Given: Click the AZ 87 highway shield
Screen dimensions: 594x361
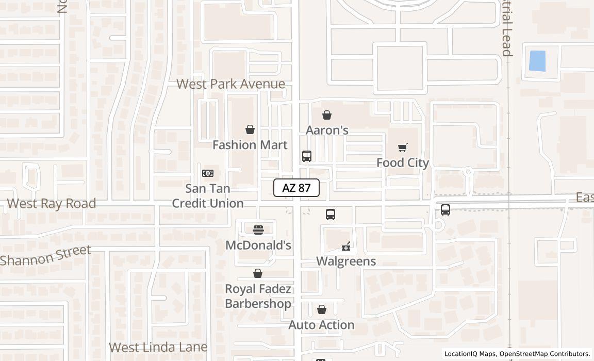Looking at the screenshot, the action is (296, 188).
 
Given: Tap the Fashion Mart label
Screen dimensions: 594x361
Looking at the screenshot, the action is (250, 145).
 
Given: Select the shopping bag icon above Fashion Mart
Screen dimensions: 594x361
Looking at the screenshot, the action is (250, 129).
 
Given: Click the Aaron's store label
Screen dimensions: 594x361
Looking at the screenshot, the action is (327, 130).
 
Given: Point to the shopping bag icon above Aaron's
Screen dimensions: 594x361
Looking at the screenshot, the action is (327, 115).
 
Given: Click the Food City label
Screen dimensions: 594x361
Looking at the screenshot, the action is (403, 163).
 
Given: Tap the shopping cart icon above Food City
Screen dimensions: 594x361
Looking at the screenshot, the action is (403, 148).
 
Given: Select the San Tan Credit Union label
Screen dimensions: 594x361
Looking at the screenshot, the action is (208, 196).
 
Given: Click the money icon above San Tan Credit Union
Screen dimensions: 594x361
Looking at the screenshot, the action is (208, 173).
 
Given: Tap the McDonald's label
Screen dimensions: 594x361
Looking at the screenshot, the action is (258, 245).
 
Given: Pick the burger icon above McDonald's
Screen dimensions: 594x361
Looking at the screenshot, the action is (258, 230).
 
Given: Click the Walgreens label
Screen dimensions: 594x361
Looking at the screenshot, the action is (346, 261).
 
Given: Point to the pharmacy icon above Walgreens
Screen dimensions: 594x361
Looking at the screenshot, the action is (346, 247).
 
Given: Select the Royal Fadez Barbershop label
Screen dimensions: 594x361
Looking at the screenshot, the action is (258, 296).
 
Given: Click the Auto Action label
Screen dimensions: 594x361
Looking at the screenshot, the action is (321, 325).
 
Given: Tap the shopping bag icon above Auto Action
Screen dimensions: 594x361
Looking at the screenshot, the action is (322, 309).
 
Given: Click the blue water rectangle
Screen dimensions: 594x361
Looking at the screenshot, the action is (537, 61).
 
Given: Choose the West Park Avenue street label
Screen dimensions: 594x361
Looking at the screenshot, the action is (230, 84).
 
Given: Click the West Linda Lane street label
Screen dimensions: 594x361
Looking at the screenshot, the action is (158, 347).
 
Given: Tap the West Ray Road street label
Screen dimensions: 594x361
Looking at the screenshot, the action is (52, 204).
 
